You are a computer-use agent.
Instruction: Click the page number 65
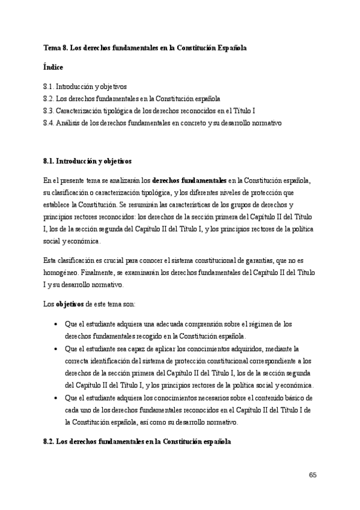(313, 475)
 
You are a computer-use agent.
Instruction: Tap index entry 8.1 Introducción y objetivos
(85, 87)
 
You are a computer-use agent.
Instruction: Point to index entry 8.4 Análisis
(162, 123)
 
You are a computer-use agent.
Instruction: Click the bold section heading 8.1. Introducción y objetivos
(87, 161)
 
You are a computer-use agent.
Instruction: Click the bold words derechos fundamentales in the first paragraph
(189, 180)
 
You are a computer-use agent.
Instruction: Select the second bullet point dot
(55, 349)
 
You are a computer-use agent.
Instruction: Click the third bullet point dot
(55, 398)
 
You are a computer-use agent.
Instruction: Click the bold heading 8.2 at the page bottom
(137, 441)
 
